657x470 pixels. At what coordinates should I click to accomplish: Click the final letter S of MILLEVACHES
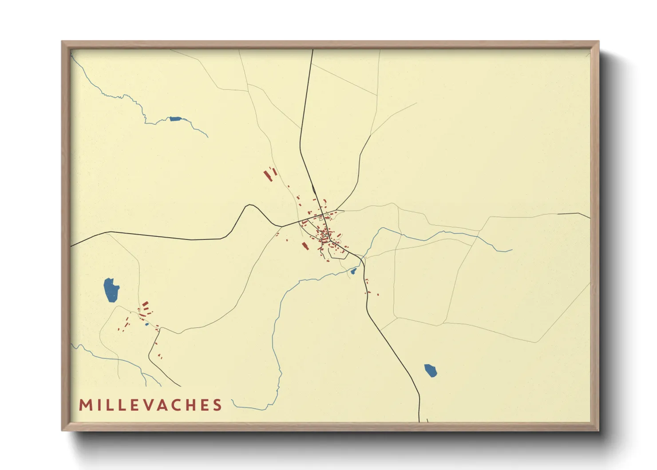[217, 405]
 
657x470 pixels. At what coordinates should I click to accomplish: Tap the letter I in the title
[98, 405]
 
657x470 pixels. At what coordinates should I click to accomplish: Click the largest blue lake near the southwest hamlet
[111, 290]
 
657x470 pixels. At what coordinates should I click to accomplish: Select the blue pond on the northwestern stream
[175, 119]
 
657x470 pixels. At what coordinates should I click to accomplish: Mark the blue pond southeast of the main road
[430, 370]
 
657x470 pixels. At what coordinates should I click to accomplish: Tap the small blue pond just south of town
[354, 271]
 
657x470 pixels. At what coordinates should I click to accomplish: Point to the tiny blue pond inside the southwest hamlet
[147, 324]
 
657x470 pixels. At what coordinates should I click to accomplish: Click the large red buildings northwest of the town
[269, 174]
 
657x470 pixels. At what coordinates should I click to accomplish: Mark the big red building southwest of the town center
[305, 246]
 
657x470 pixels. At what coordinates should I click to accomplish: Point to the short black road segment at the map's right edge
[574, 215]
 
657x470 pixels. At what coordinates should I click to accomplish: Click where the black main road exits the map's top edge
[313, 50]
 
